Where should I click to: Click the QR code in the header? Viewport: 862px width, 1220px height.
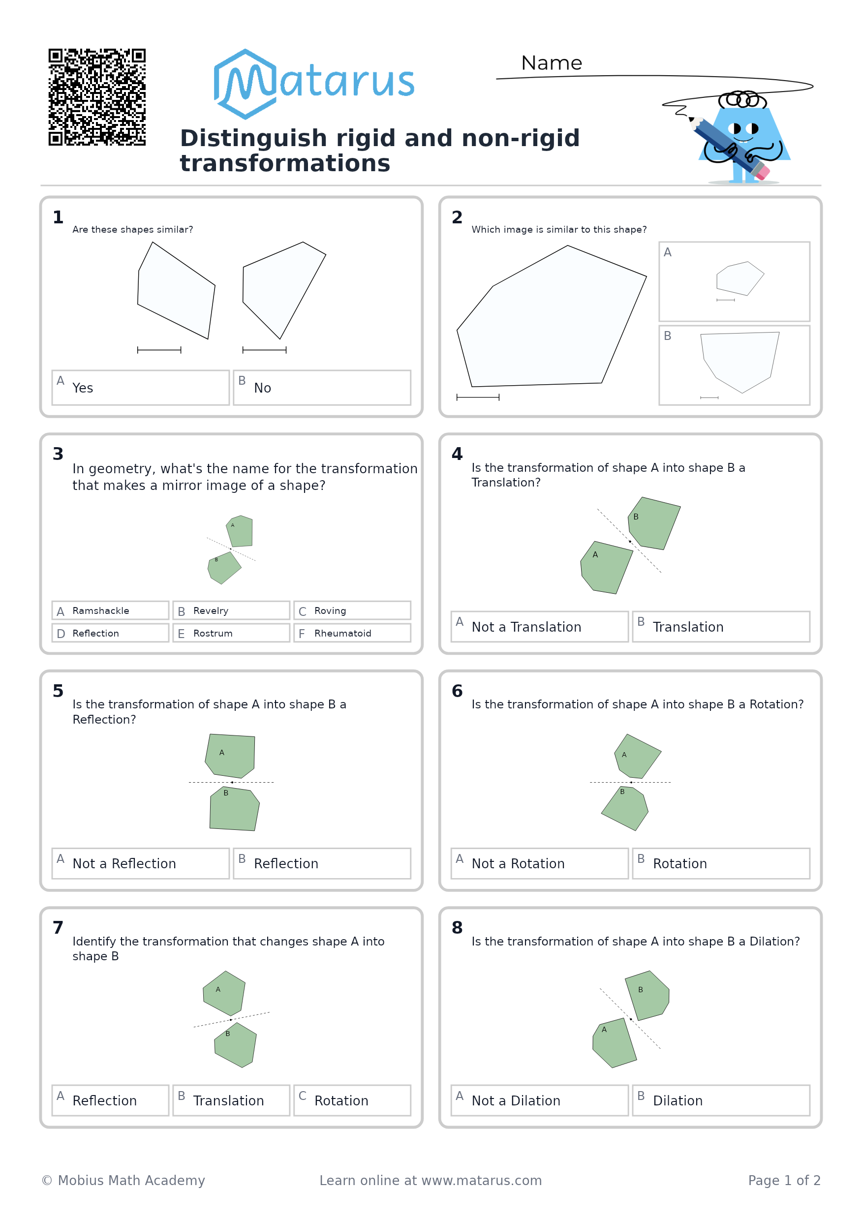[x=97, y=97]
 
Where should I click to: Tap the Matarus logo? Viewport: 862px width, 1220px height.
[x=313, y=84]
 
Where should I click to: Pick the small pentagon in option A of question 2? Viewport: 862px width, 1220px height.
[x=740, y=278]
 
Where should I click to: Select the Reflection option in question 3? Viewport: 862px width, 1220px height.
[x=110, y=633]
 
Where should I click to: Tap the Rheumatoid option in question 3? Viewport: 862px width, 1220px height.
[x=352, y=633]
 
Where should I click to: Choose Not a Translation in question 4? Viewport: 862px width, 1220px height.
[x=539, y=626]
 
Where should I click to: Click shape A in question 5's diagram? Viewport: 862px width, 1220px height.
[x=231, y=756]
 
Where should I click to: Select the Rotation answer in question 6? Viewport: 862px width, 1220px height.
[x=721, y=863]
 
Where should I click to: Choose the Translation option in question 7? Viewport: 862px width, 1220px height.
[x=231, y=1100]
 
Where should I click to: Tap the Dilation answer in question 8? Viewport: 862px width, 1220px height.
[x=721, y=1100]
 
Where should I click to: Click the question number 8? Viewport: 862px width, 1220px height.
[x=457, y=927]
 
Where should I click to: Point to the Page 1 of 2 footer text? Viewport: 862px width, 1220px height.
[x=784, y=1180]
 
